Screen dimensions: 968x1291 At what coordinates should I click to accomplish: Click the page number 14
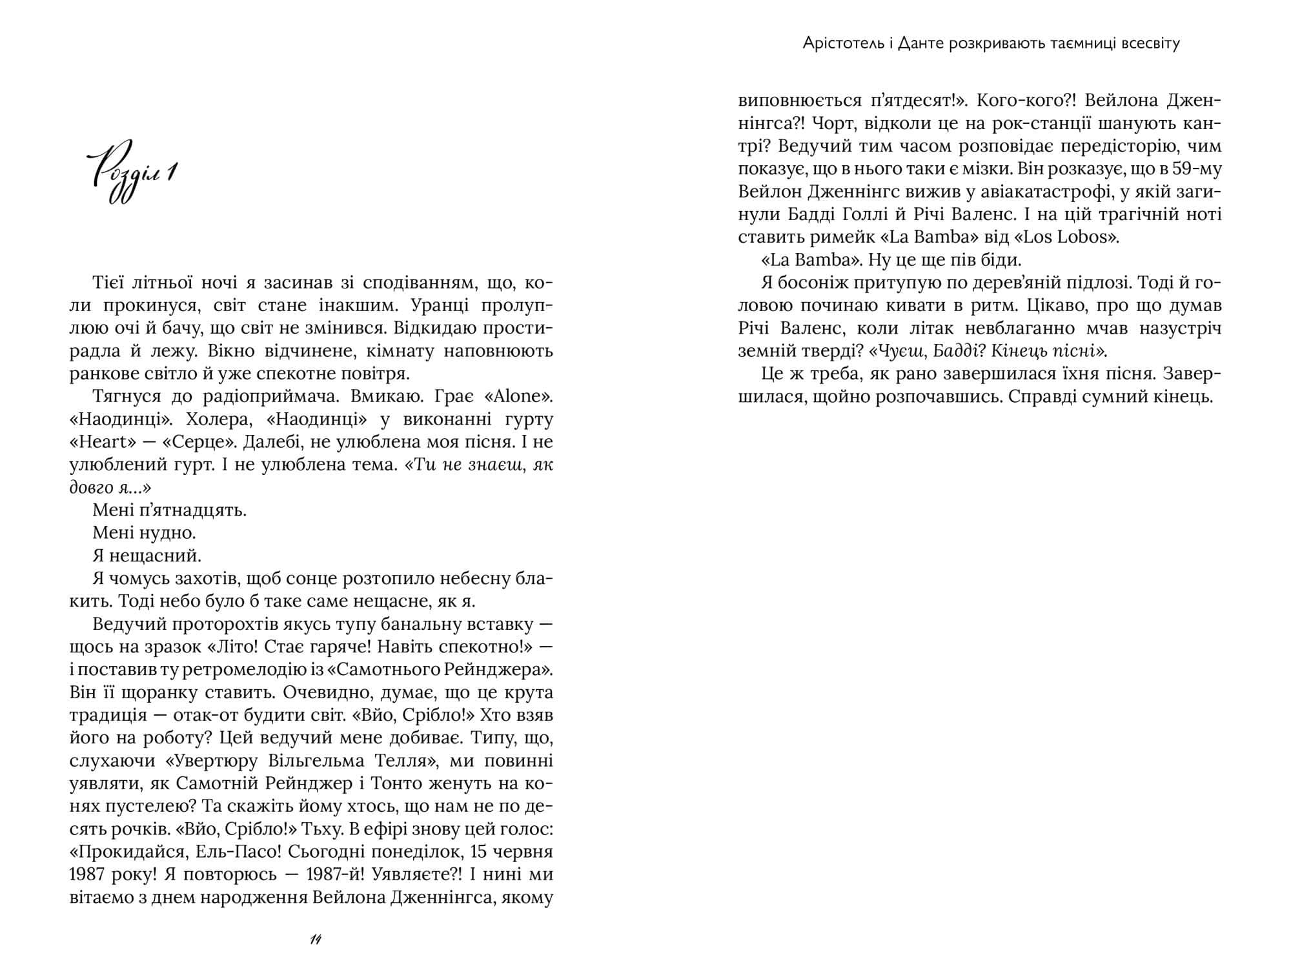coord(316,940)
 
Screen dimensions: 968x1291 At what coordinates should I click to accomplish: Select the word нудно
coord(170,533)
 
